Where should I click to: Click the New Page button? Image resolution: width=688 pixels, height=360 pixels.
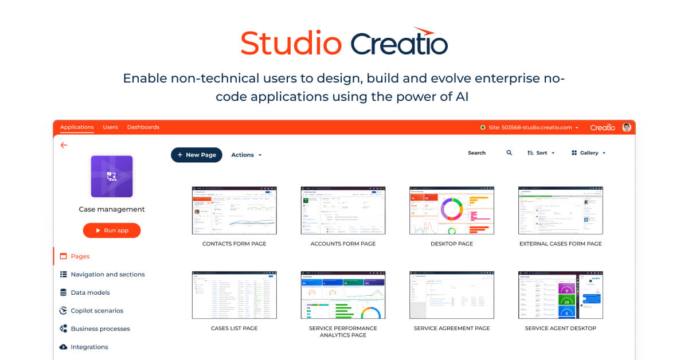tap(196, 155)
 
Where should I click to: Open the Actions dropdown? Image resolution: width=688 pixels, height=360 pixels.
tap(246, 155)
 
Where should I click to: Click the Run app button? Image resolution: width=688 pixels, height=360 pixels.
tap(112, 230)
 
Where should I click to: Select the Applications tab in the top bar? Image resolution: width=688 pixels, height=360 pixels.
tap(77, 127)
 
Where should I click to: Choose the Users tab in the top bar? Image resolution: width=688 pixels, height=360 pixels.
tap(110, 127)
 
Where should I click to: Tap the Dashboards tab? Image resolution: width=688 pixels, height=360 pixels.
tap(143, 127)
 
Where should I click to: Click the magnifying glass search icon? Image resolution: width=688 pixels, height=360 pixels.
tap(509, 153)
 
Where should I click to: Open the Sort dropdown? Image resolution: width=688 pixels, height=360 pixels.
tap(541, 153)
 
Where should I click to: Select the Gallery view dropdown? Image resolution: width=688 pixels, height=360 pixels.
tap(588, 153)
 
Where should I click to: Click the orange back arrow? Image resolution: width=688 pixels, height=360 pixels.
tap(64, 146)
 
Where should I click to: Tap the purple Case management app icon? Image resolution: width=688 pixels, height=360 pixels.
tap(112, 177)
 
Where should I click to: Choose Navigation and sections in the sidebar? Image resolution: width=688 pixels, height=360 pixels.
tap(107, 275)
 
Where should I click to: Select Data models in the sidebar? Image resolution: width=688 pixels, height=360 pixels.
tap(90, 292)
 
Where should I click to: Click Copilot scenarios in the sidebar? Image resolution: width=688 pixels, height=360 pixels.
tap(96, 311)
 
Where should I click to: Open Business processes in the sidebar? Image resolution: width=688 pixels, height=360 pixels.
tap(100, 329)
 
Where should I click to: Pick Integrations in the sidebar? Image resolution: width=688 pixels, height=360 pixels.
tap(89, 347)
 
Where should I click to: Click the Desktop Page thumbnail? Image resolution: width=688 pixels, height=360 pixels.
tap(452, 210)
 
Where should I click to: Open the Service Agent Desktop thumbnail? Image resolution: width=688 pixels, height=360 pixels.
tap(560, 295)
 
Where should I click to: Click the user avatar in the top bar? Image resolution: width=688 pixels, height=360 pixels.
tap(627, 127)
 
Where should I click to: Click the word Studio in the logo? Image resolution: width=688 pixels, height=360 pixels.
tap(291, 44)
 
